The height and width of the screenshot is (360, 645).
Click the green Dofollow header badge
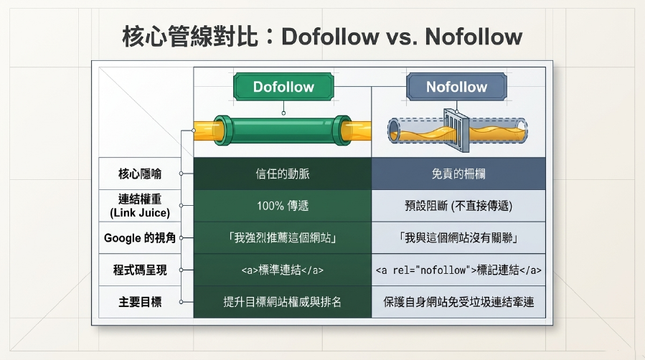pyautogui.click(x=283, y=87)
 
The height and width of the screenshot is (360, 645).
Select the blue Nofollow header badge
pyautogui.click(x=456, y=87)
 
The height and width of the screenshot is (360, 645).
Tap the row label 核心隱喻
pyautogui.click(x=140, y=174)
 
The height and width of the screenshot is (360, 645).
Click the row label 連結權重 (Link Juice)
pyautogui.click(x=140, y=206)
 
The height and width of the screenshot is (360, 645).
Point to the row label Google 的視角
pyautogui.click(x=140, y=238)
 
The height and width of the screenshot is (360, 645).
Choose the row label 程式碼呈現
pyautogui.click(x=140, y=270)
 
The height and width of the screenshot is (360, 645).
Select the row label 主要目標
pyautogui.click(x=140, y=302)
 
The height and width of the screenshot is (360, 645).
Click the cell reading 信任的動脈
pyautogui.click(x=283, y=174)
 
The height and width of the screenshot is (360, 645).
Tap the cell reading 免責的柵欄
pyautogui.click(x=458, y=174)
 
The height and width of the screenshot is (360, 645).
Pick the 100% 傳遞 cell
pyautogui.click(x=283, y=206)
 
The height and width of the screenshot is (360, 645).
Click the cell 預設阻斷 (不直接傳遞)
pyautogui.click(x=458, y=206)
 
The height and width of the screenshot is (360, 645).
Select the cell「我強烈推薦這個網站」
pyautogui.click(x=283, y=238)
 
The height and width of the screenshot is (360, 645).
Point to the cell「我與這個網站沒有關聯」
pyautogui.click(x=458, y=238)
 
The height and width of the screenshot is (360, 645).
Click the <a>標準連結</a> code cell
pyautogui.click(x=283, y=270)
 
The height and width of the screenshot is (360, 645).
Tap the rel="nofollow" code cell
pyautogui.click(x=458, y=270)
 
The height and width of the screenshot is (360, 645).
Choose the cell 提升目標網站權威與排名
pyautogui.click(x=283, y=302)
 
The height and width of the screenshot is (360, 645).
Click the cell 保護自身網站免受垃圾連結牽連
pyautogui.click(x=458, y=302)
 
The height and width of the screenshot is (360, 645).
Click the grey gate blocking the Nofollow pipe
pyautogui.click(x=456, y=130)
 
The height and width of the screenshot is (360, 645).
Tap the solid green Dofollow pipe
pyautogui.click(x=283, y=131)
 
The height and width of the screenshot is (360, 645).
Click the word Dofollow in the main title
pyautogui.click(x=330, y=37)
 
